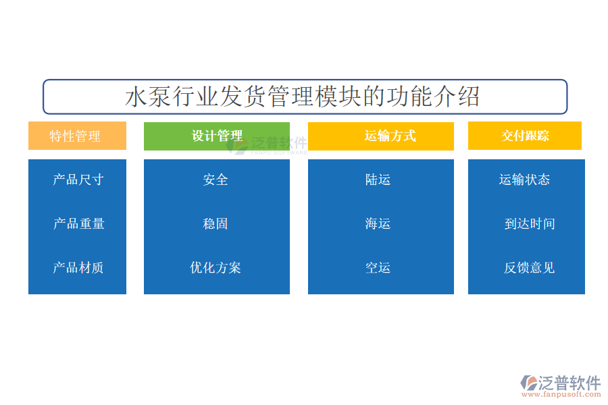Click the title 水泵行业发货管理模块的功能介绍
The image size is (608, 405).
tap(302, 97)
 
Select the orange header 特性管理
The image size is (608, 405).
tap(77, 136)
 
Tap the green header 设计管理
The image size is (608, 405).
tap(217, 136)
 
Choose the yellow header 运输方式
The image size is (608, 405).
tap(381, 136)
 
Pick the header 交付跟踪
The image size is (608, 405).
tap(525, 136)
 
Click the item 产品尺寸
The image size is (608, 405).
tap(78, 180)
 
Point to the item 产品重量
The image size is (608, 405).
tap(79, 223)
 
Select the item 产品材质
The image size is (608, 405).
tap(78, 267)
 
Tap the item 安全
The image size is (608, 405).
tap(216, 180)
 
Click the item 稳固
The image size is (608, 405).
tap(216, 223)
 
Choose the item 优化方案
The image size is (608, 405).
tap(216, 267)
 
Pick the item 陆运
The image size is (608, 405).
tap(378, 180)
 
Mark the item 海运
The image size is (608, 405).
tap(378, 223)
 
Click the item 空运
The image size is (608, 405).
tap(378, 267)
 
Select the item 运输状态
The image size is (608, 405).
tap(524, 180)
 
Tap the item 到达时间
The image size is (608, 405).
tap(530, 223)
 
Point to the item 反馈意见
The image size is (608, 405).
tap(529, 267)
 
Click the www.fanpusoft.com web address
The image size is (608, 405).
tap(561, 394)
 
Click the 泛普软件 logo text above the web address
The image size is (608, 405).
tap(569, 383)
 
